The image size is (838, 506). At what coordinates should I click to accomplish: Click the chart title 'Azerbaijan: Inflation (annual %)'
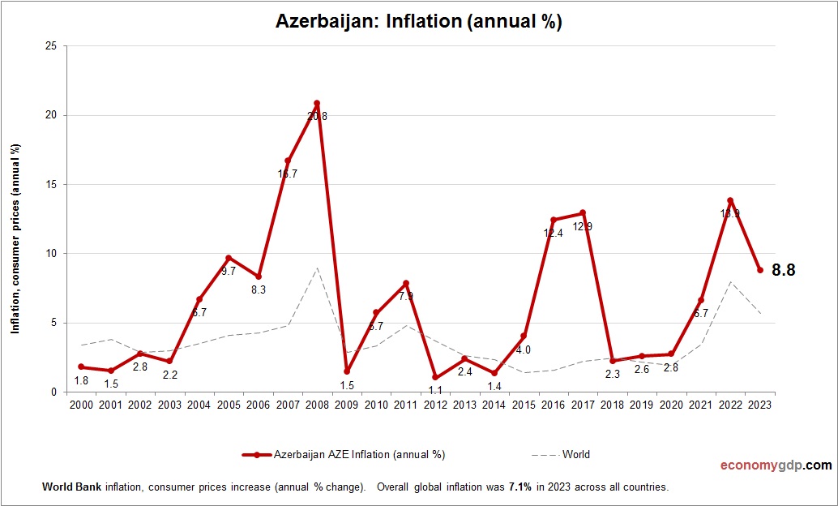click(419, 22)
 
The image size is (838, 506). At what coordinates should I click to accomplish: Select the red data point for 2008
click(317, 104)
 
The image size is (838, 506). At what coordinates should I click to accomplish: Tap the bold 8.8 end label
click(783, 271)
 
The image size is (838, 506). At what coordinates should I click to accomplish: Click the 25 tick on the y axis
click(50, 46)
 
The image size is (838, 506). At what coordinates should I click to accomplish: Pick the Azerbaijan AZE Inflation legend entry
click(344, 455)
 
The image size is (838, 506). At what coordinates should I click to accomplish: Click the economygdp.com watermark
click(776, 465)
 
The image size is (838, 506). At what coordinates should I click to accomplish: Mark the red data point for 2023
click(760, 270)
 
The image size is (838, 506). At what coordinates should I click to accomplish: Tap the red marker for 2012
click(435, 377)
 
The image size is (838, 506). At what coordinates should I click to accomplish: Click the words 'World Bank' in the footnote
click(68, 487)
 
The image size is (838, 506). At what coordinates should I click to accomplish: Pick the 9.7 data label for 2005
click(229, 272)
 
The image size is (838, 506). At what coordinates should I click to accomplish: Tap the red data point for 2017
click(583, 213)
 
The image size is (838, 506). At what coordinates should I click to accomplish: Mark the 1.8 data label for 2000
click(81, 380)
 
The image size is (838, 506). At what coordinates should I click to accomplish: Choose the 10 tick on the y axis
click(50, 254)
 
